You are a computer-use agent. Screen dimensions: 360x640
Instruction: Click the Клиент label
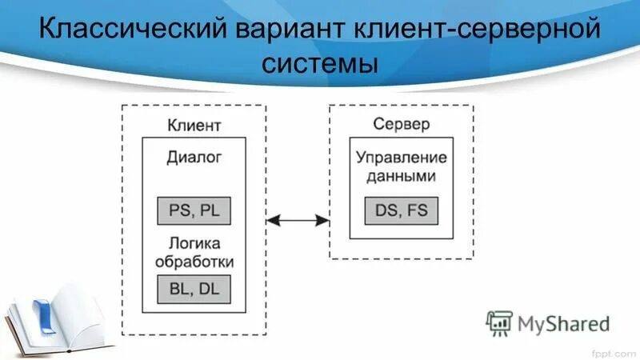pyautogui.click(x=194, y=126)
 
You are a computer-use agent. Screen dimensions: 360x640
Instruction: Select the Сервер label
pyautogui.click(x=402, y=125)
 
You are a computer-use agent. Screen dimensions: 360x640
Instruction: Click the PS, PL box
pyautogui.click(x=194, y=210)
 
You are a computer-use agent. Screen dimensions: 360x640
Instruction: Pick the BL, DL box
pyautogui.click(x=194, y=289)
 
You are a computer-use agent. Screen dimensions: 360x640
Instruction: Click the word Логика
pyautogui.click(x=194, y=243)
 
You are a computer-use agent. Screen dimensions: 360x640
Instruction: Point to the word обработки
pyautogui.click(x=194, y=262)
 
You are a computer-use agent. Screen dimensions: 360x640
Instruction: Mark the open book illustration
pyautogui.click(x=60, y=324)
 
